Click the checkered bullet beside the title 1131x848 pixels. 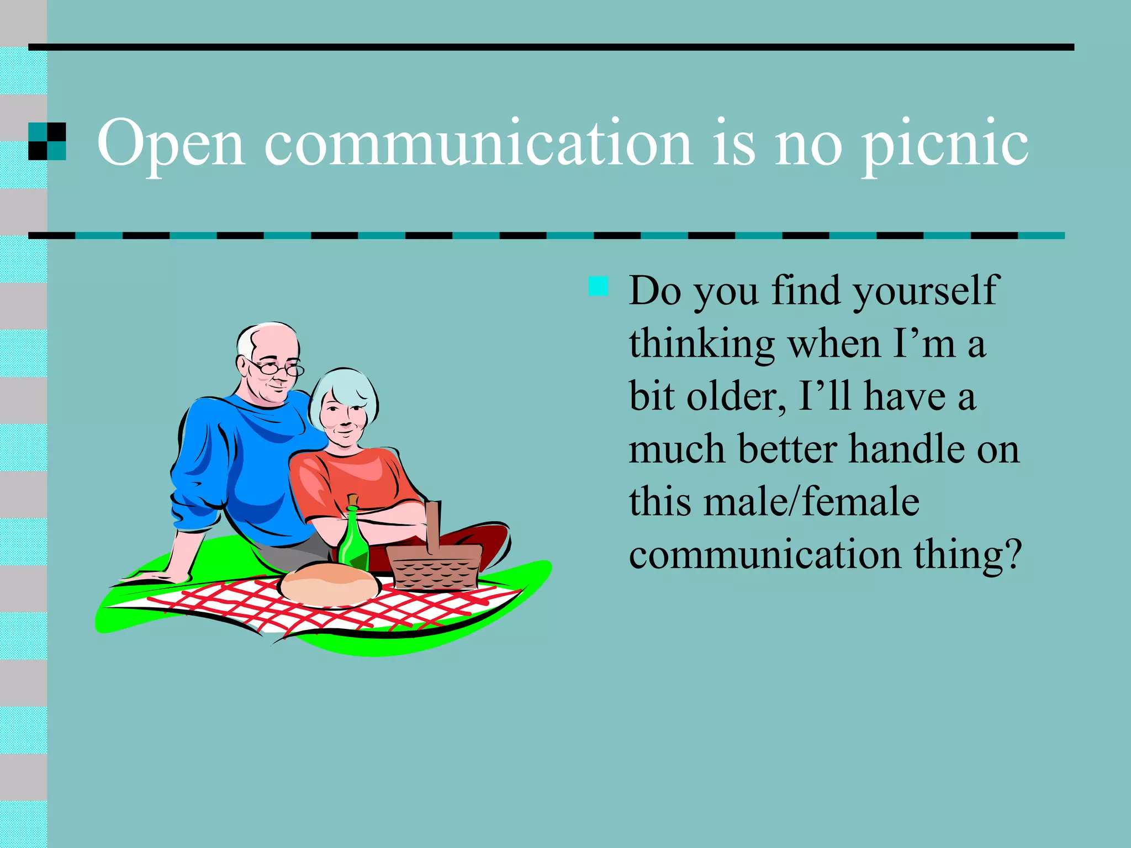tap(47, 141)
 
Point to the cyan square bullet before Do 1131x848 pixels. tap(598, 287)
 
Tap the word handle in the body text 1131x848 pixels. tap(906, 449)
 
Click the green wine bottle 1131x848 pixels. tap(353, 542)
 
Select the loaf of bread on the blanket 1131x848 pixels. tap(330, 584)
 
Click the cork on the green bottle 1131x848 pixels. tap(353, 500)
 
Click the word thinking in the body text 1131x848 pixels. tap(702, 344)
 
